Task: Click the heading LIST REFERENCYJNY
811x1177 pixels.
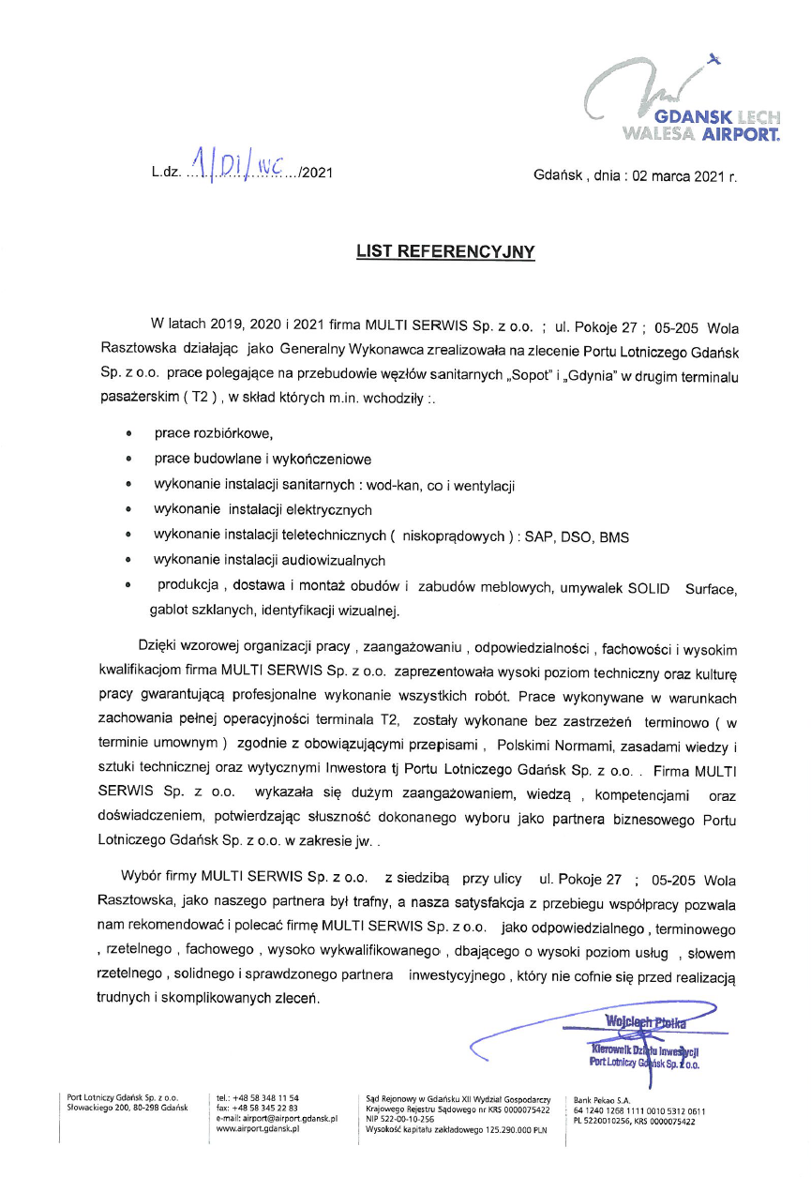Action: [445, 251]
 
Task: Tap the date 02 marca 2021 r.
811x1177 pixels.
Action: [679, 175]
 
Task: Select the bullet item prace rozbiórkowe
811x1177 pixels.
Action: [213, 434]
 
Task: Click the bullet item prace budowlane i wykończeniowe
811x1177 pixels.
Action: [263, 460]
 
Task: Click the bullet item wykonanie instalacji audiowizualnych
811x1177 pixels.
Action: [270, 561]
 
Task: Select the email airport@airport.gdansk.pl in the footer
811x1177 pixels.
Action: [276, 1119]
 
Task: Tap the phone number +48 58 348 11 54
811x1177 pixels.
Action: [264, 1097]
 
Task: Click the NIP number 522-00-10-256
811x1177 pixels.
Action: [400, 1119]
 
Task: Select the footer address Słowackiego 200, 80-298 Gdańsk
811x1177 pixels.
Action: [128, 1108]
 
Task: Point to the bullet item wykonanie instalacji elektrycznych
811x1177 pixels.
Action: [263, 510]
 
